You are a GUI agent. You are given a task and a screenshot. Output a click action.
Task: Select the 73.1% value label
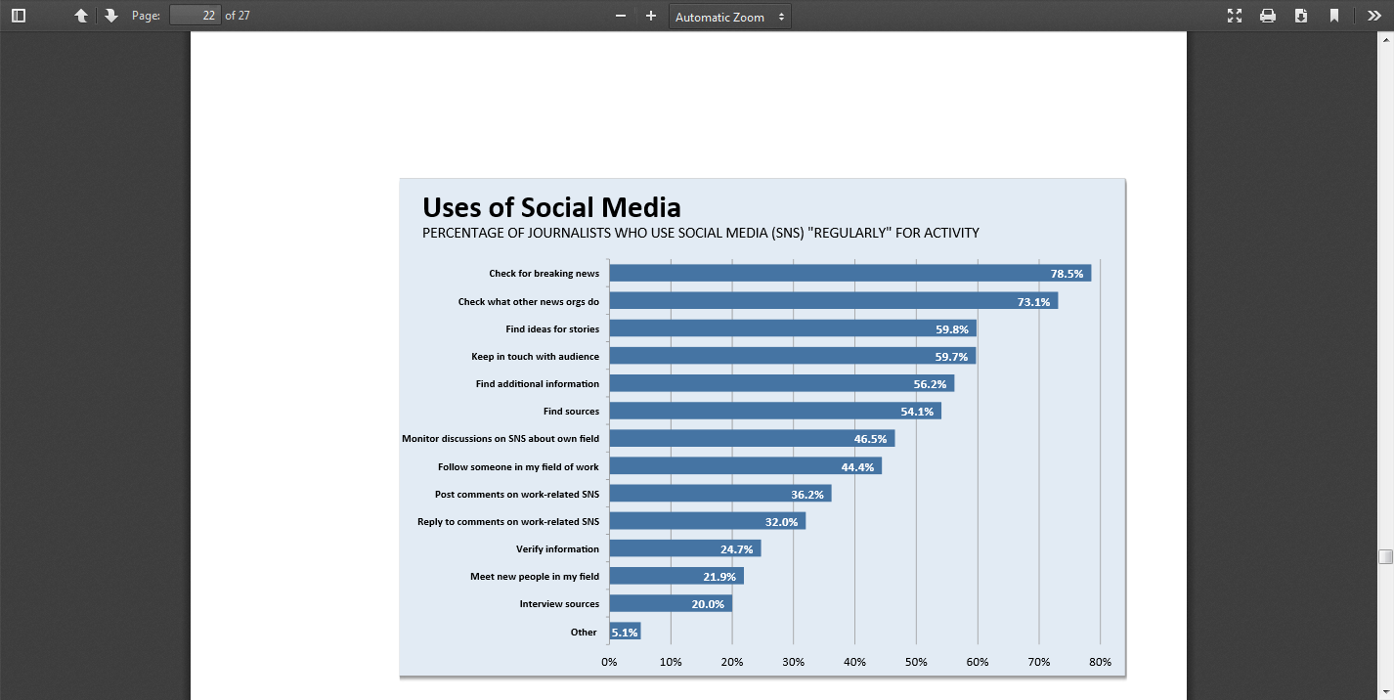tap(1033, 302)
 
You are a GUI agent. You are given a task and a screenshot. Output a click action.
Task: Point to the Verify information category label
tap(557, 549)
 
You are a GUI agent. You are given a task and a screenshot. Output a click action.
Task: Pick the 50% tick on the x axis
tap(916, 662)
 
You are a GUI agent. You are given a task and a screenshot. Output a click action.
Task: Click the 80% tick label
tap(1100, 662)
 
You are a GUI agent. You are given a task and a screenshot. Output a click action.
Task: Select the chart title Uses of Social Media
tap(551, 207)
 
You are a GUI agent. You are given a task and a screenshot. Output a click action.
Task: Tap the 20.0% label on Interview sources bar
tap(708, 604)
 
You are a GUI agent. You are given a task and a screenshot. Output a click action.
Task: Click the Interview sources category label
tap(559, 604)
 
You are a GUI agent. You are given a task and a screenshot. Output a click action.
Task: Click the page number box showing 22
tap(195, 16)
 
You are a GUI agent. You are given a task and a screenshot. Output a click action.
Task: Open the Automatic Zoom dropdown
tap(729, 17)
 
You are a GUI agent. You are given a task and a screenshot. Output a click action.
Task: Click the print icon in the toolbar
tap(1268, 16)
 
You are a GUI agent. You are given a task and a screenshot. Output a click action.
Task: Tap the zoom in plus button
tap(651, 16)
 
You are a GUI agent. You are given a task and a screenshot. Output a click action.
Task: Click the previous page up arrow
tap(81, 16)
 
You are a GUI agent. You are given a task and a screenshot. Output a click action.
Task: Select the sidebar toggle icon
tap(19, 16)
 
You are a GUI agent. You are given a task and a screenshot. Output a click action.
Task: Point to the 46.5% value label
tap(870, 440)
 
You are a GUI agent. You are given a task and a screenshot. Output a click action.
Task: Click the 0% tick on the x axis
tap(609, 662)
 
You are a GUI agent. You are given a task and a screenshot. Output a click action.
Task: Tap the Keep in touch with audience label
tap(535, 357)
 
